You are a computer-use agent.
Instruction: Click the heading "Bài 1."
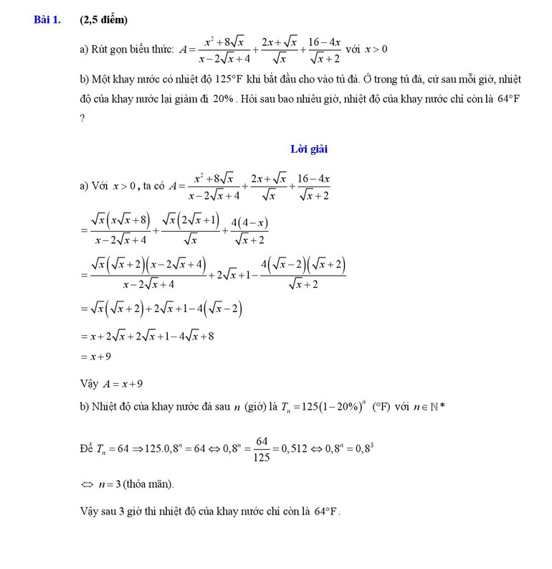pos(46,20)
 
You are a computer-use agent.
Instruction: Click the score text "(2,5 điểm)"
pos(105,20)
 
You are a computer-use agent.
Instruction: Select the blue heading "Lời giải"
pos(309,149)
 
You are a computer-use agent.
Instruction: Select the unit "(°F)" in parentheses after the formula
pos(379,408)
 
